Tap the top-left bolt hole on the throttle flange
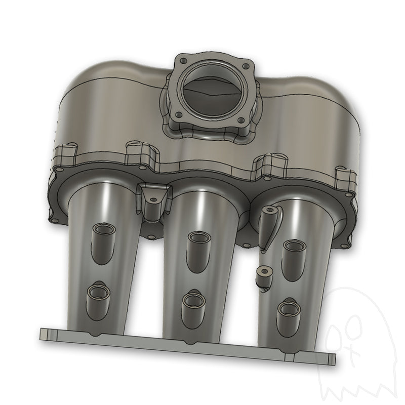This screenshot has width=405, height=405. (180, 59)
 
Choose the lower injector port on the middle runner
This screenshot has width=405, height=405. (192, 301)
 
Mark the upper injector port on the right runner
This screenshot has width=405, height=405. (293, 247)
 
